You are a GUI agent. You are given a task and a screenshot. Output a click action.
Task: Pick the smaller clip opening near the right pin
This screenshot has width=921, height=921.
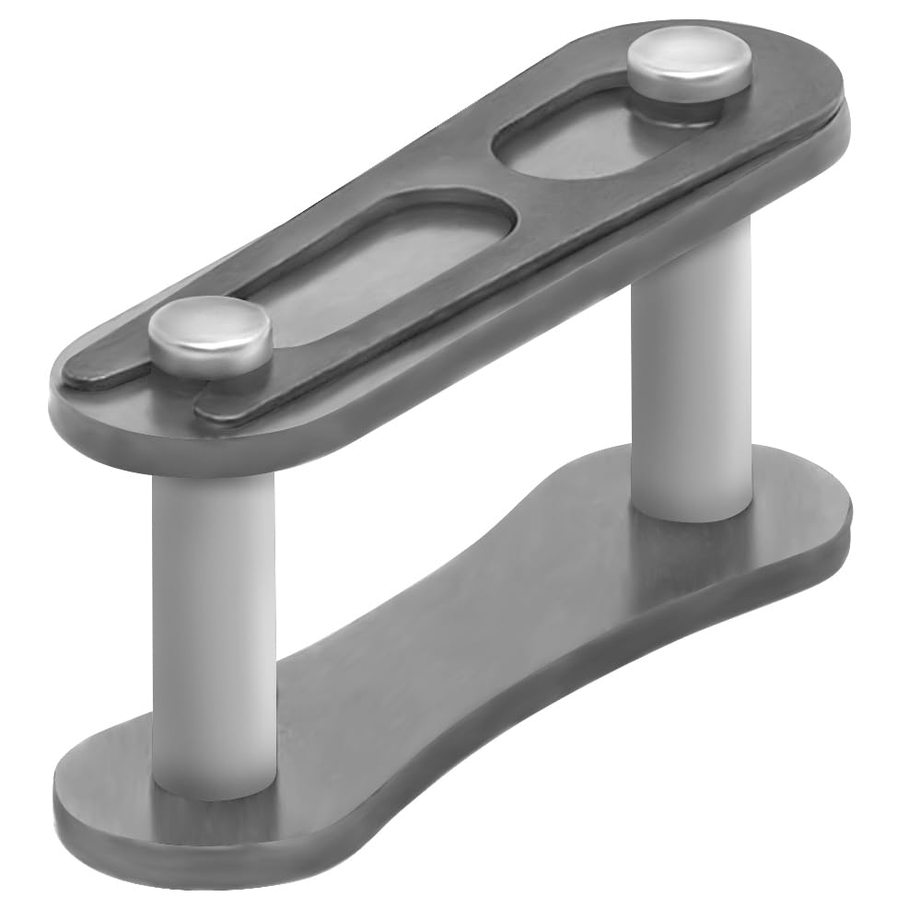click(571, 143)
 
